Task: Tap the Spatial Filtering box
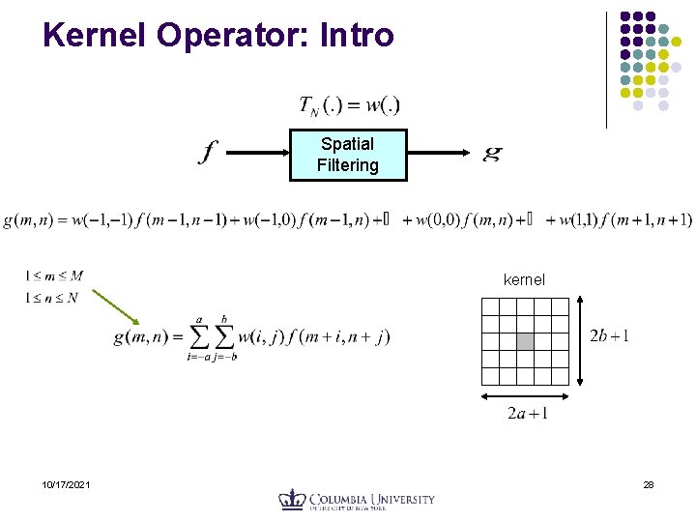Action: point(347,155)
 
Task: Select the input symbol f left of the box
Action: point(208,153)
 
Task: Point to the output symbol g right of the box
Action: point(492,153)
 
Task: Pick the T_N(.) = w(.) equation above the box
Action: point(349,104)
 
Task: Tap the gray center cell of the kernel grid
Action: point(525,341)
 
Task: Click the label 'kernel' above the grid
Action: point(524,279)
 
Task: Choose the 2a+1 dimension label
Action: point(527,414)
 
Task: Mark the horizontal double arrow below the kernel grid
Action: point(524,396)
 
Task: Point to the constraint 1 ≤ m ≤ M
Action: point(53,276)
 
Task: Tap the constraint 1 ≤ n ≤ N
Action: point(52,298)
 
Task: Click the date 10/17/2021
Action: point(67,484)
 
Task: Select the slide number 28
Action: point(648,484)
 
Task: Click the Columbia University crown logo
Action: point(292,500)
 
